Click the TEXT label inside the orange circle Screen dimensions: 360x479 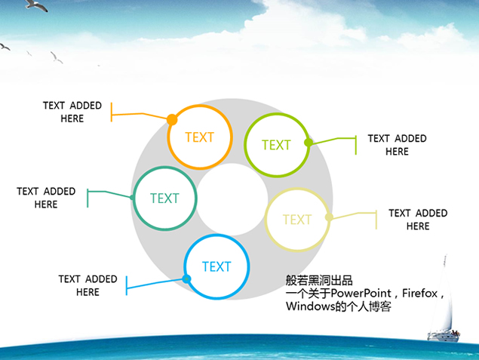(x=199, y=137)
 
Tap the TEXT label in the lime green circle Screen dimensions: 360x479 (x=276, y=145)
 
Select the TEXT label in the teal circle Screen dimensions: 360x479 (x=164, y=198)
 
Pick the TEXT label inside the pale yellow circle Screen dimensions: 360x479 (x=296, y=220)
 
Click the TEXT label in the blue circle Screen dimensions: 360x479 (x=216, y=266)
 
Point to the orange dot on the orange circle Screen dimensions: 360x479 (x=172, y=119)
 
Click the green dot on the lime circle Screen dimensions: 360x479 (x=308, y=142)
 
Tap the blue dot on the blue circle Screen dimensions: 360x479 (x=186, y=279)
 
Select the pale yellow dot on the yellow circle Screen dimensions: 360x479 (x=329, y=217)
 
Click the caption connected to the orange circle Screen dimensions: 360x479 (x=72, y=112)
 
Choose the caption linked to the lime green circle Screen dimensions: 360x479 (x=397, y=145)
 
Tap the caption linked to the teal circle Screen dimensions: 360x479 (x=46, y=198)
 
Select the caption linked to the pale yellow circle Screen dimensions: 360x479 (x=418, y=220)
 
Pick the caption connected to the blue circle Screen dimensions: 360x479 (x=88, y=285)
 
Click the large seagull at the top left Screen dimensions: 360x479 (x=35, y=6)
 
